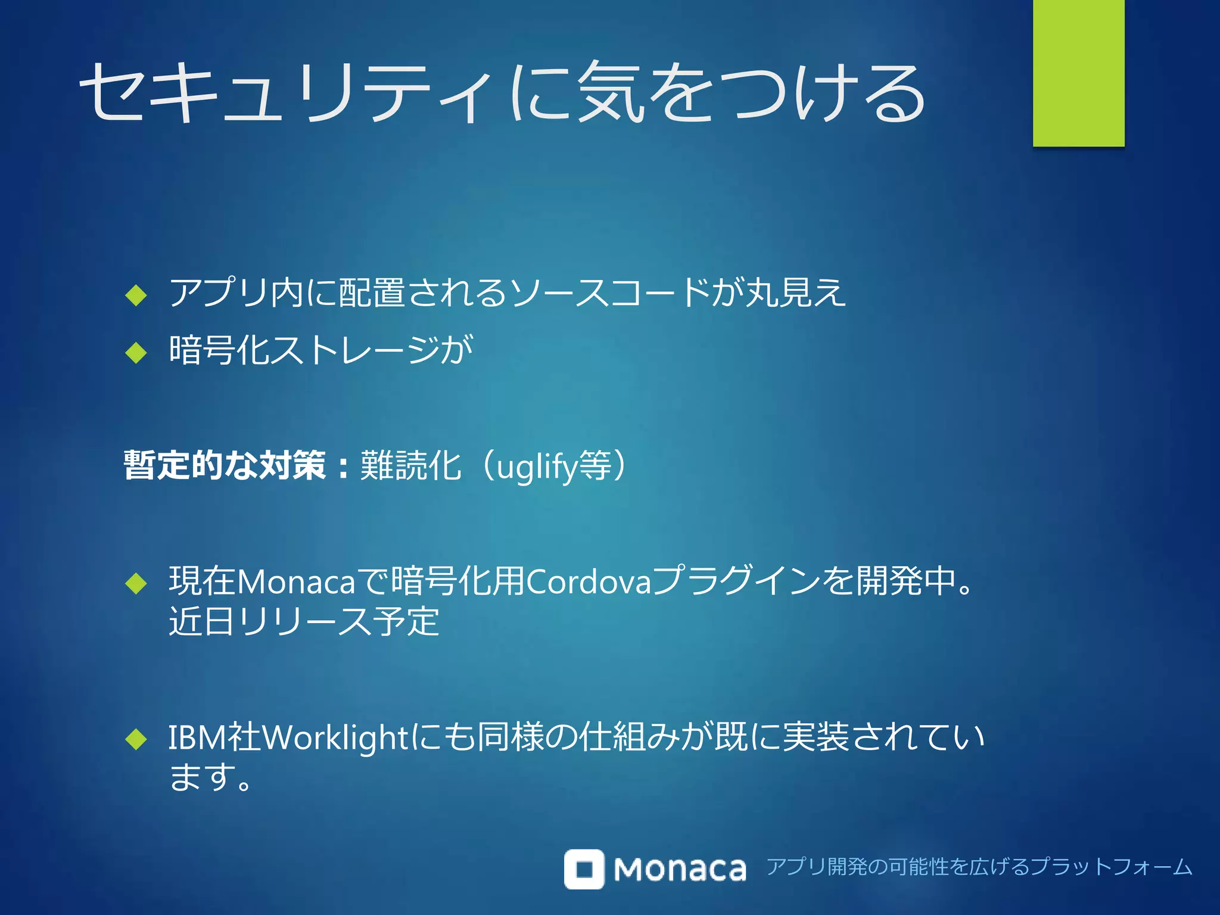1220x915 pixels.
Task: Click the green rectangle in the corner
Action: point(1078,73)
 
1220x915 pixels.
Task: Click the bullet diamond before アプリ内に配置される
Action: point(136,294)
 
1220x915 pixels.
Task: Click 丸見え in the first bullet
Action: point(795,292)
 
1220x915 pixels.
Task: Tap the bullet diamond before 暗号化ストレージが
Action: point(136,352)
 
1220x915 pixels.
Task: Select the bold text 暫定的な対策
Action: point(225,465)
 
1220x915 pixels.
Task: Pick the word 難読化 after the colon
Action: point(410,465)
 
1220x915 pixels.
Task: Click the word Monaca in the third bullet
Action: point(296,581)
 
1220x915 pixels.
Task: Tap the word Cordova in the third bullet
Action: point(589,581)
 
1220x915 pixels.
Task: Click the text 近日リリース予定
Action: point(304,621)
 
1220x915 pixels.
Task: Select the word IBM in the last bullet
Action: point(197,737)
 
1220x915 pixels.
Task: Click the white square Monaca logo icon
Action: point(584,869)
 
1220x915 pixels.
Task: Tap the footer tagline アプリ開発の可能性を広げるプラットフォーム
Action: point(979,867)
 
